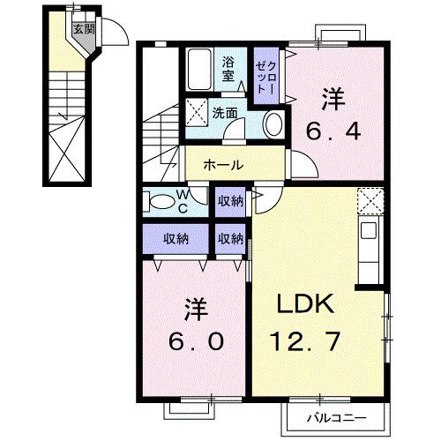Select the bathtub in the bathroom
(x=198, y=68)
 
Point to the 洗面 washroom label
(x=225, y=113)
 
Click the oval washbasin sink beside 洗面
(x=273, y=123)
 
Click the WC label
(x=182, y=202)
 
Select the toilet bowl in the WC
(x=161, y=202)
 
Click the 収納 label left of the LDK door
(x=231, y=201)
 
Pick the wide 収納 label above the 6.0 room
(x=176, y=238)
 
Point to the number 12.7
(x=308, y=340)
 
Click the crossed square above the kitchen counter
(x=371, y=201)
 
